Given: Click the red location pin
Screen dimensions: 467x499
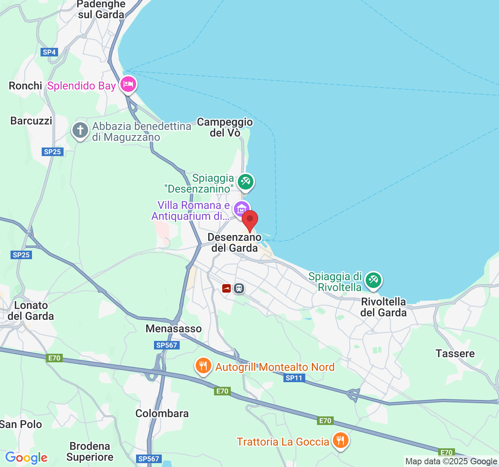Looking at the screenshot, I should [250, 220].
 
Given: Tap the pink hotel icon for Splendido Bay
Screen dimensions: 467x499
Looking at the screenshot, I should [128, 84].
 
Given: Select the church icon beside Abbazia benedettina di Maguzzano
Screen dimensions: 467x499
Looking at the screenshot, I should [80, 130].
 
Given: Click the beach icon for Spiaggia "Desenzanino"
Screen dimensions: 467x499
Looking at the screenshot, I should [246, 181].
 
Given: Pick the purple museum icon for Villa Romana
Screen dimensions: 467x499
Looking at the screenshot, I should [241, 209].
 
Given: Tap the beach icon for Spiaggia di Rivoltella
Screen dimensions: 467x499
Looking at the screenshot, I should [373, 280].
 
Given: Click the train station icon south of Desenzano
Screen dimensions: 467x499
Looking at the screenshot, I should [239, 288].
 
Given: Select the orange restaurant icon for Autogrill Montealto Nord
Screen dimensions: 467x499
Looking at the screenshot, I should [203, 366].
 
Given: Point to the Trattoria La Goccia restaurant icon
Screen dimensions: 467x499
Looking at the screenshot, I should [341, 441].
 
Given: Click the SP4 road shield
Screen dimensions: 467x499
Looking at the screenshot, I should [50, 52].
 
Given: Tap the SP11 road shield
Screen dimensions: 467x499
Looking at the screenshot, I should [294, 378].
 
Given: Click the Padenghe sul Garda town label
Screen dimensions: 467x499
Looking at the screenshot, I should [101, 10].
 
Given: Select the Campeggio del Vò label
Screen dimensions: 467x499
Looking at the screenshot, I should [225, 127].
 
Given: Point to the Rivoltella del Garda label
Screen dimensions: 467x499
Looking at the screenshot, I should [383, 307].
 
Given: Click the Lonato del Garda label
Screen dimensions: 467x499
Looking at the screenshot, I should [31, 311].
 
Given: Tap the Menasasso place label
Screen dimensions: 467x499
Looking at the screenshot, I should [173, 329].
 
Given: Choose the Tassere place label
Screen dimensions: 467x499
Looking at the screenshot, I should [455, 353].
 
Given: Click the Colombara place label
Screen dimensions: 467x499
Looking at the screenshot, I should [162, 413].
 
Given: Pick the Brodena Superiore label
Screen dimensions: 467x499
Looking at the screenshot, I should [90, 451].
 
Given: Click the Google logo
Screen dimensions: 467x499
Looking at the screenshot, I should [26, 458].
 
